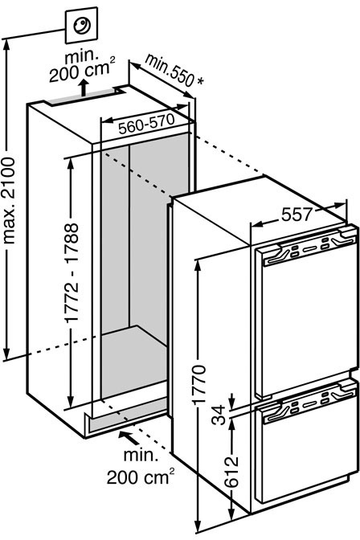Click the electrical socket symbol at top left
click(x=82, y=25)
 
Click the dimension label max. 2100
click(x=9, y=200)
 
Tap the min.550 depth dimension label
click(x=169, y=70)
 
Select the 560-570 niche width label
click(x=147, y=125)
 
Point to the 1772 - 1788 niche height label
click(x=72, y=272)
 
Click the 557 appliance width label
click(x=297, y=215)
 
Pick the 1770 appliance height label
click(x=198, y=384)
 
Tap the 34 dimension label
click(x=219, y=415)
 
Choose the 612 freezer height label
click(x=231, y=472)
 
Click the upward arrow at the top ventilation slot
click(x=83, y=88)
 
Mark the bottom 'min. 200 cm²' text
click(x=140, y=466)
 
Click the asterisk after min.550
click(x=200, y=81)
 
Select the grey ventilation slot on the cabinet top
click(x=82, y=96)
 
